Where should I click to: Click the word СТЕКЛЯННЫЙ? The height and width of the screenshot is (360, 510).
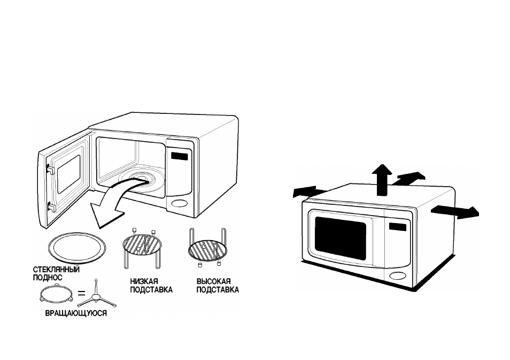56,270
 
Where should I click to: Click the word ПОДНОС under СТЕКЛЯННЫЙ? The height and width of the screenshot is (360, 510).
48,278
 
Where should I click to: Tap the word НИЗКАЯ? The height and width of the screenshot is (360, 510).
144,281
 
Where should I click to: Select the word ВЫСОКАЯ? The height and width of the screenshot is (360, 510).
214,281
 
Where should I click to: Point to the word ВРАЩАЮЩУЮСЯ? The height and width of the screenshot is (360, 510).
76,313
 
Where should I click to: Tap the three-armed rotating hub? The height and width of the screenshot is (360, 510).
97,296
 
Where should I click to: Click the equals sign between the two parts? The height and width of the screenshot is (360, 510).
82,293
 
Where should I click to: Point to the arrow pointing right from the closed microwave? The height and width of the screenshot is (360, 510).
455,212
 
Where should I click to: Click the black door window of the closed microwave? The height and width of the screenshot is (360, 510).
340,238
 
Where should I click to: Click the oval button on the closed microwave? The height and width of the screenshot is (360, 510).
398,275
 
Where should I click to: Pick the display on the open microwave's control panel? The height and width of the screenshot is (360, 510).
179,156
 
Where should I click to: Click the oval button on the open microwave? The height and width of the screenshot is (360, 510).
179,203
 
